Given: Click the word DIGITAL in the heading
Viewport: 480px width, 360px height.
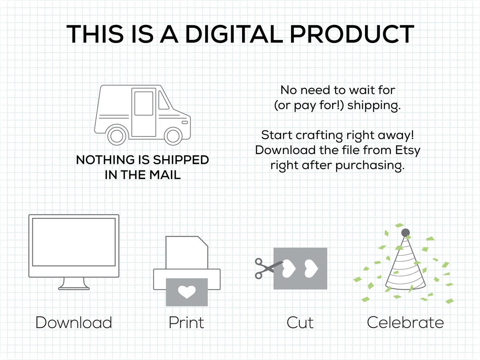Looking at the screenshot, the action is pos(234,34).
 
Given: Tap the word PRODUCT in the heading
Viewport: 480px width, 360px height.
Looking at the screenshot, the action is pos(352,34).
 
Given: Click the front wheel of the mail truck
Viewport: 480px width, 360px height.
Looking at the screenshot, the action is pos(173,136).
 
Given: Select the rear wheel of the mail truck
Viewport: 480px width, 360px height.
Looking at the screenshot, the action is pos(117,136).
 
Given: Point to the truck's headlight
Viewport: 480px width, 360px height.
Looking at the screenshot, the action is pos(184,123).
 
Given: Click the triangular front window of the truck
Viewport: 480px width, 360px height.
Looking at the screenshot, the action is pos(163,100).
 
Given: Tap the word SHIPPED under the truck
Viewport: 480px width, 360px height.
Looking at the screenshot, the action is pos(181,160).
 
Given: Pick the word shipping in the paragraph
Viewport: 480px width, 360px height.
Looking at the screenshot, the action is pos(374,106).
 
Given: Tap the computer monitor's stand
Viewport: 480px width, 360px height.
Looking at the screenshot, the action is pos(74,283).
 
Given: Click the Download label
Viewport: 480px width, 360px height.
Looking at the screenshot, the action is pos(74,323).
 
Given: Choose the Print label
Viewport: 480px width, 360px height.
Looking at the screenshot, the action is pos(186,323).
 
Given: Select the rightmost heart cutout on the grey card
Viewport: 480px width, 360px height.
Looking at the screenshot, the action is pos(311,269).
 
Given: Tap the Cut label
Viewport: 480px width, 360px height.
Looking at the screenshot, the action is pos(300,323).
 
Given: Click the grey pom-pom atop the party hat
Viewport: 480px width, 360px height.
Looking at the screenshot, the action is pos(405,233).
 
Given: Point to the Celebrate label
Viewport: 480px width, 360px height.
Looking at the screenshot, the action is pos(405,323).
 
